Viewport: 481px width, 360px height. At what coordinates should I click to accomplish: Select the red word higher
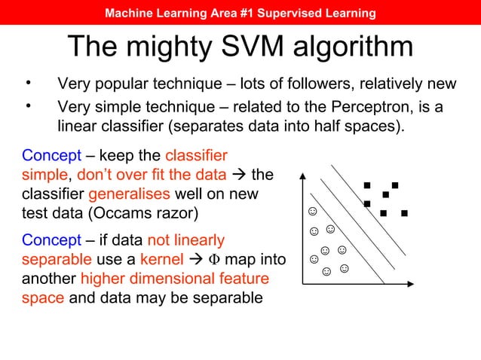(x=104, y=279)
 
